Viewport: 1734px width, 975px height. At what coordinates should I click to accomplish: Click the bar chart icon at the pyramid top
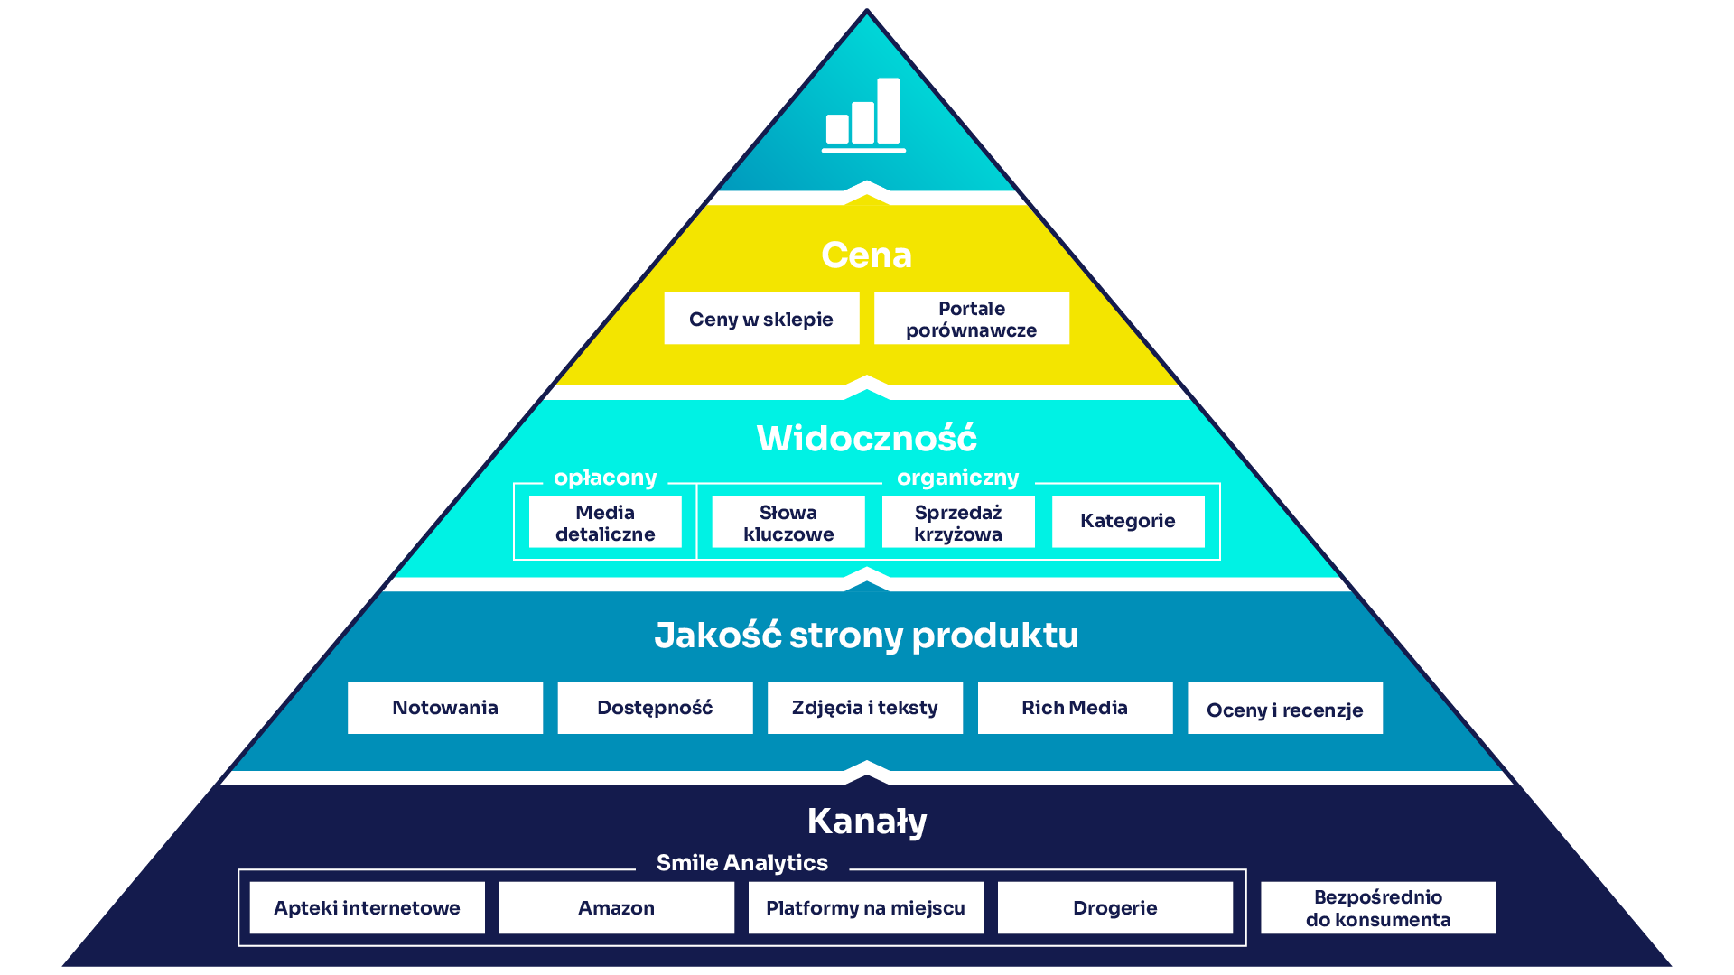pos(863,115)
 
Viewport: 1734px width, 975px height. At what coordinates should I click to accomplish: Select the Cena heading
pos(866,255)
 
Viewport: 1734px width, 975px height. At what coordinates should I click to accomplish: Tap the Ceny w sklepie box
pos(761,319)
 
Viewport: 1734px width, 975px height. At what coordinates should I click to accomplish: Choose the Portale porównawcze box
pos(971,319)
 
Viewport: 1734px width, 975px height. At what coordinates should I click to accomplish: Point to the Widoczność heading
pos(866,439)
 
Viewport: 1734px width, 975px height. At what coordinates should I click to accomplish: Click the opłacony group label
pos(605,478)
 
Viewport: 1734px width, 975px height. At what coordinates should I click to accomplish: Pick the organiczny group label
pos(957,478)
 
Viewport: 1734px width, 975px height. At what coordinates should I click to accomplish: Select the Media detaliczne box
pos(605,523)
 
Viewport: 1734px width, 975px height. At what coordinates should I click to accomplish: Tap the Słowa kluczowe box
pos(788,523)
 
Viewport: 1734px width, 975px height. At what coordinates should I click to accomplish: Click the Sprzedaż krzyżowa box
pos(958,523)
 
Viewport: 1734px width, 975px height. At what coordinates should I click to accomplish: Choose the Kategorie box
pos(1128,521)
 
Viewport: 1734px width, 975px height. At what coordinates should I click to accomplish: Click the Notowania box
pos(445,708)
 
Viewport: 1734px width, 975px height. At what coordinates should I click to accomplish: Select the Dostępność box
pos(655,708)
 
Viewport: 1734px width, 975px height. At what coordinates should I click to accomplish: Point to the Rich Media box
pos(1075,708)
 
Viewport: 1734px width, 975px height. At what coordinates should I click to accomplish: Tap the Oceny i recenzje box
pos(1284,709)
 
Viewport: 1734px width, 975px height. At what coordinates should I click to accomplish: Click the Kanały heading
pos(867,822)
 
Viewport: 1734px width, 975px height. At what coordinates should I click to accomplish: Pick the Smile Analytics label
pos(741,863)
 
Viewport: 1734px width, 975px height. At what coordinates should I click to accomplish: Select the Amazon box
pos(616,908)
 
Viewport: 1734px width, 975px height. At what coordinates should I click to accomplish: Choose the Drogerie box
pos(1114,908)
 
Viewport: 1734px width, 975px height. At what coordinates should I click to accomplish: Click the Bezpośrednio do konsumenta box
pos(1378,908)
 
